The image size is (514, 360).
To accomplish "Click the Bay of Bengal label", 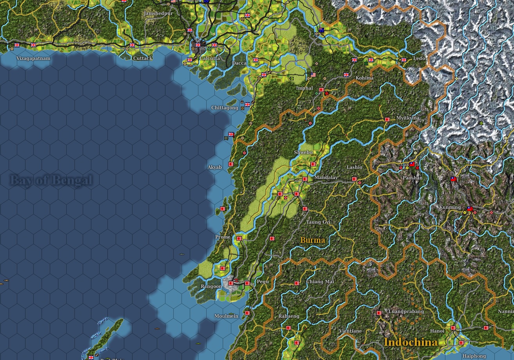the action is click(51, 181).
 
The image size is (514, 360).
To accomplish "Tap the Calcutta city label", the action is click(210, 58).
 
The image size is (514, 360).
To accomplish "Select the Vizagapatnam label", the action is click(33, 58).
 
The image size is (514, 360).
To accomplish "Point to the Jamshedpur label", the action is click(159, 13).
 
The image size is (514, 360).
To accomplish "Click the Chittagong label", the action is click(225, 108).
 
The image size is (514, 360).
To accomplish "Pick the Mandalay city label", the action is click(326, 177).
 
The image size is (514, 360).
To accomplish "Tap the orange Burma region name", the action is click(312, 240).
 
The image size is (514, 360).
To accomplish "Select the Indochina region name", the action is click(410, 342).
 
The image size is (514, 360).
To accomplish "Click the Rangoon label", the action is click(211, 286).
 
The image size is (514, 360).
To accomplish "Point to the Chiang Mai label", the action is click(320, 282).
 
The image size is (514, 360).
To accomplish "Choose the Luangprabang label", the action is click(406, 311).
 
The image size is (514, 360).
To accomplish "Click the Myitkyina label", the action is click(408, 118).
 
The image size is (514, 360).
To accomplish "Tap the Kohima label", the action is click(364, 78).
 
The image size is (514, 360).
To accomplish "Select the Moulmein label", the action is click(226, 316).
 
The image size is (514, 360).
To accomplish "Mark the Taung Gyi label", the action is click(318, 222).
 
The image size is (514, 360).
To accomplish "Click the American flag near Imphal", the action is click(313, 74).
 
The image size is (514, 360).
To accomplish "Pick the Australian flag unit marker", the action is click(321, 30).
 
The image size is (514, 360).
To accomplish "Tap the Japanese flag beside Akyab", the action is click(231, 164).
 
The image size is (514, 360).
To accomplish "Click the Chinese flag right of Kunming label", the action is click(470, 209).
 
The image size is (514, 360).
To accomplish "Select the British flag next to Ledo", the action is click(404, 60).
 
